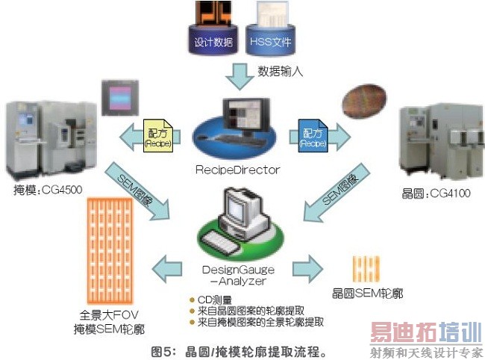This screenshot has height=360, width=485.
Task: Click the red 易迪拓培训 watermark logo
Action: click(424, 334)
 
